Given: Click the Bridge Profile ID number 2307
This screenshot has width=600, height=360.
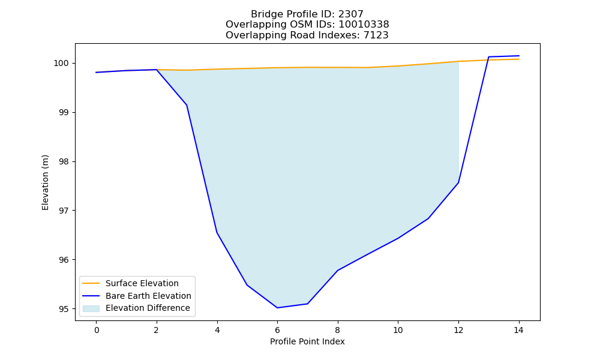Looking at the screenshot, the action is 350,14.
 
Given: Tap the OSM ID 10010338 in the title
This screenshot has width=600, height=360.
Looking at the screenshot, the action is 364,25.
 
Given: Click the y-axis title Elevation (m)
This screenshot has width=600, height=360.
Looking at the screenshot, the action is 45,182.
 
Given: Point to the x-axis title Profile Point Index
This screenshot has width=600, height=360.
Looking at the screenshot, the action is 307,341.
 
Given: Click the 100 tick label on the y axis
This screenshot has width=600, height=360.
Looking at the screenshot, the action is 61,64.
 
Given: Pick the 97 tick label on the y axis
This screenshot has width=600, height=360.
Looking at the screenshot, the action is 64,211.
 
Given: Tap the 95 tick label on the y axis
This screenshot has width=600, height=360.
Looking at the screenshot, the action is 64,309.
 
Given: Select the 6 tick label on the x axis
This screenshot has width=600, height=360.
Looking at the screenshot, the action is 277,330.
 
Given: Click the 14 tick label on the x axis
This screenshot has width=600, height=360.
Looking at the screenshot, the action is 518,330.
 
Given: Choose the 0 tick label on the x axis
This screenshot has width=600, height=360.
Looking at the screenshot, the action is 97,330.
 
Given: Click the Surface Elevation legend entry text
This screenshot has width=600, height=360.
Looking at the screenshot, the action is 142,283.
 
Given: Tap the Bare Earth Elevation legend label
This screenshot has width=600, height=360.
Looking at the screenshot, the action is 148,296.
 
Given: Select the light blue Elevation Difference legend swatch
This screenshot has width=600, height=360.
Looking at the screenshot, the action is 91,308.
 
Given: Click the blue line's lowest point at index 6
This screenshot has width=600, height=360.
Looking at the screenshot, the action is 277,308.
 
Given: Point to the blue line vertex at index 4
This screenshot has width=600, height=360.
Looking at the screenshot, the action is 217,233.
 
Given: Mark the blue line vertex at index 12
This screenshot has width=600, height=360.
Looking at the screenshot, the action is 458,182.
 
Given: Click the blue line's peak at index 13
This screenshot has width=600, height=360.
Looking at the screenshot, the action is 488,57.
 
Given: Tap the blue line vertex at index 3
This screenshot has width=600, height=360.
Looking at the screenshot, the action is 187,105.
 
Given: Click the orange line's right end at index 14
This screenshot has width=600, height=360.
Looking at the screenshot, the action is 519,59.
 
